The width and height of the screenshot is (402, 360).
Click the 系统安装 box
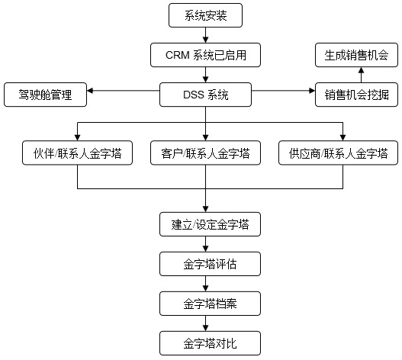coord(205,15)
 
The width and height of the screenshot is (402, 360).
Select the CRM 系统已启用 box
coord(205,55)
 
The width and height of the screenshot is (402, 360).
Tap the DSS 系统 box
coord(205,95)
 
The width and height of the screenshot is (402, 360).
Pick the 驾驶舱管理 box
coord(45,95)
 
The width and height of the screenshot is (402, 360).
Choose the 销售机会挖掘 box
coord(356,95)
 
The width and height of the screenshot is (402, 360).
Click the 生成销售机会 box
coord(356,55)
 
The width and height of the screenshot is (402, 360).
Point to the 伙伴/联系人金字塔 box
coord(78,153)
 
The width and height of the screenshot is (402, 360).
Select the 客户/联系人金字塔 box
coord(205,153)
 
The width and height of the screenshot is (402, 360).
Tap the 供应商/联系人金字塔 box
coord(338,153)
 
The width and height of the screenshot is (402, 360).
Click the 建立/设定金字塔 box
coord(210,224)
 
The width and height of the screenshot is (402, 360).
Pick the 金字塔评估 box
coord(210,264)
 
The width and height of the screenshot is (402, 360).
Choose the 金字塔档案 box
coord(210,304)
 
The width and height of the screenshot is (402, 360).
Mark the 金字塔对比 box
coord(210,343)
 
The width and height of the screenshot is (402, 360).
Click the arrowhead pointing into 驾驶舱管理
coord(90,91)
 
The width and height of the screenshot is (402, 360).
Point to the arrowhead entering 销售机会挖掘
coord(312,91)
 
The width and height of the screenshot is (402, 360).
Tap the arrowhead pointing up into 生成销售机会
coord(362,70)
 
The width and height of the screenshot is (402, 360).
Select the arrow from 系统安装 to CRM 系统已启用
coord(205,35)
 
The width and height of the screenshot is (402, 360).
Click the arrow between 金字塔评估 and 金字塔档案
coord(205,284)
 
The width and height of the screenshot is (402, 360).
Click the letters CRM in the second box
coord(178,55)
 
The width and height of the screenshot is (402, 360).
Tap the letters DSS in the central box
coord(193,95)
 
